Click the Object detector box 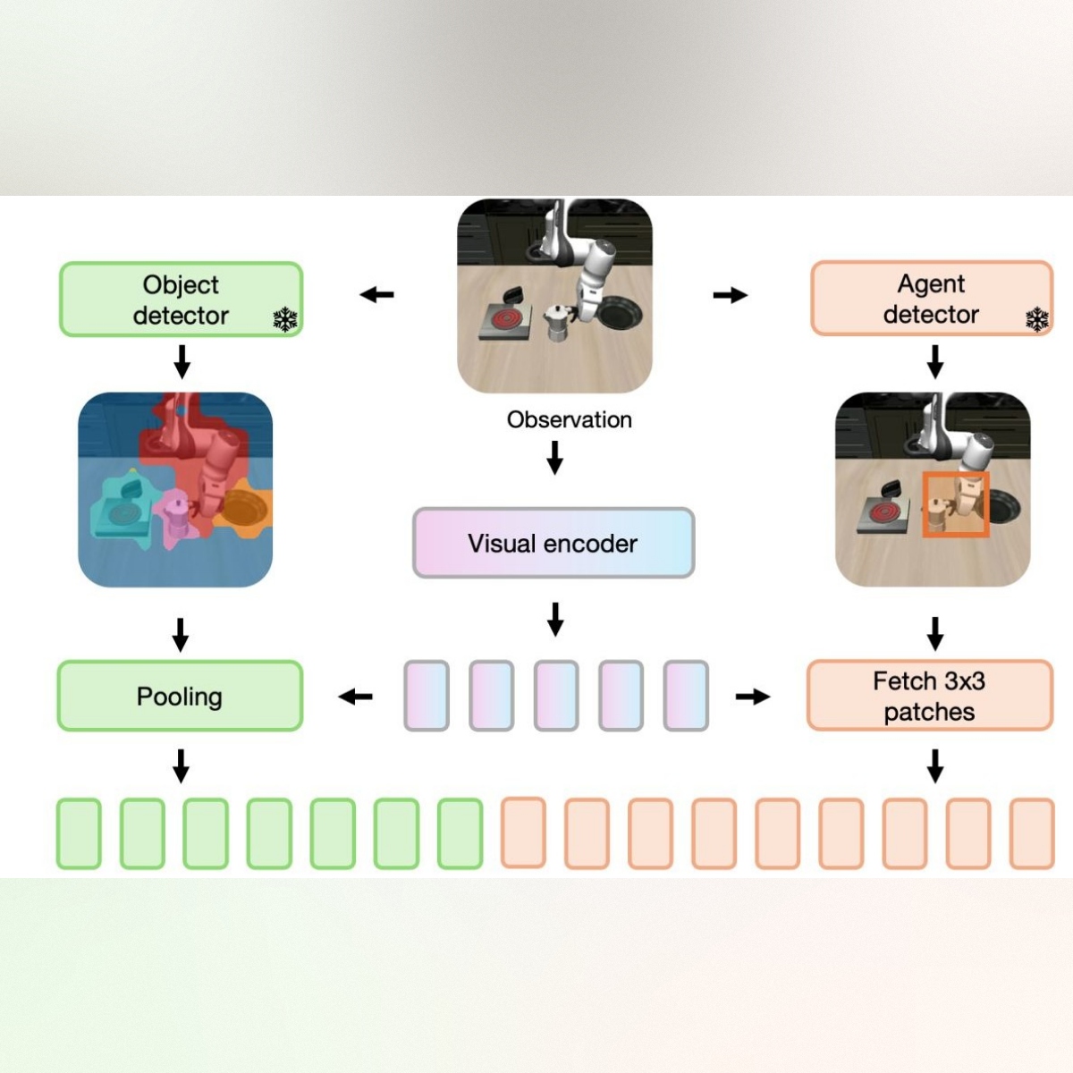pyautogui.click(x=181, y=300)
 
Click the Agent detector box pyautogui.click(x=931, y=299)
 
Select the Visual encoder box pyautogui.click(x=553, y=543)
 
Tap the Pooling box pyautogui.click(x=180, y=697)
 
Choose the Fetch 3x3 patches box pyautogui.click(x=929, y=697)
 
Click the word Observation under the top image pyautogui.click(x=569, y=419)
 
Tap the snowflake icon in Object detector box pyautogui.click(x=284, y=319)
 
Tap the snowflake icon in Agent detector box pyautogui.click(x=1036, y=319)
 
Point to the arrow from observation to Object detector pyautogui.click(x=376, y=294)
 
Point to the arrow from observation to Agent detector pyautogui.click(x=730, y=295)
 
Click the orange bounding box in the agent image pyautogui.click(x=955, y=505)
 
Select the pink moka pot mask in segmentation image pyautogui.click(x=176, y=519)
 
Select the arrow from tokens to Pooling pyautogui.click(x=355, y=697)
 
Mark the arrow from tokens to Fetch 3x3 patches pyautogui.click(x=752, y=697)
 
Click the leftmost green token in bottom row pyautogui.click(x=79, y=833)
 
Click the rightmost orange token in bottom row pyautogui.click(x=1032, y=833)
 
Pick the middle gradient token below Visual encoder pyautogui.click(x=555, y=696)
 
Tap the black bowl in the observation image pyautogui.click(x=617, y=314)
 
